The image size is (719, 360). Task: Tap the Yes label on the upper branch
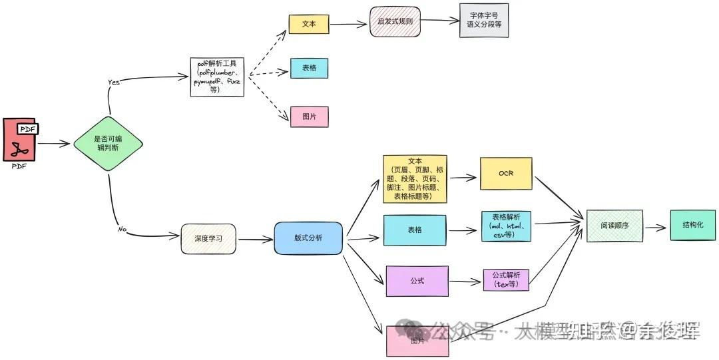[x=114, y=82]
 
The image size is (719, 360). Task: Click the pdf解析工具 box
[x=217, y=77]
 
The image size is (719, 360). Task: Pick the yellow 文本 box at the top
[x=309, y=24]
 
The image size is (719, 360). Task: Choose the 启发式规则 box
[x=395, y=21]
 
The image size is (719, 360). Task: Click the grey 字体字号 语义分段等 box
[x=484, y=20]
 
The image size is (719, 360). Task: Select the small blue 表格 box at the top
[x=309, y=69]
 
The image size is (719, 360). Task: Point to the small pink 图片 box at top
[x=309, y=117]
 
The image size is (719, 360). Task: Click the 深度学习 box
[x=208, y=239]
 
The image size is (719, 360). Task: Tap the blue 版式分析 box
[x=308, y=238]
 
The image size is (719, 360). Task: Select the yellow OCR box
[x=506, y=173]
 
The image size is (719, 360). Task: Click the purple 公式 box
[x=417, y=281]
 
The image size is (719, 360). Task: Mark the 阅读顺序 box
[x=614, y=226]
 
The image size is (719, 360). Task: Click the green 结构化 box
[x=693, y=225]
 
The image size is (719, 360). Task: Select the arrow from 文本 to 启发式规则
[x=349, y=25]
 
